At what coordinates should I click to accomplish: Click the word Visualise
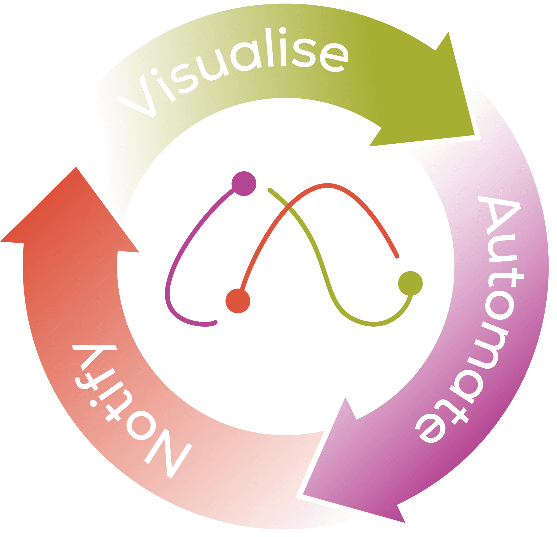tap(232, 71)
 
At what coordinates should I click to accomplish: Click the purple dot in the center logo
tap(244, 183)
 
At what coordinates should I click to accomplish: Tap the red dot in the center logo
tap(238, 301)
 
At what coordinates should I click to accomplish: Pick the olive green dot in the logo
tap(410, 283)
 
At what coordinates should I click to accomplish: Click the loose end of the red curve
tap(397, 257)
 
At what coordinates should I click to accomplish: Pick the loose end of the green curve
tap(269, 190)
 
